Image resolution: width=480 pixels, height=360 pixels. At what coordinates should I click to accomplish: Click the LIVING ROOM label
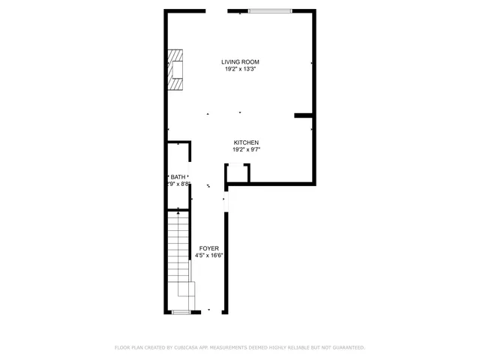pyautogui.click(x=240, y=61)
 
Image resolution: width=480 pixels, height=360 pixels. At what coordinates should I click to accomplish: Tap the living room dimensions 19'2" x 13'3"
pyautogui.click(x=240, y=69)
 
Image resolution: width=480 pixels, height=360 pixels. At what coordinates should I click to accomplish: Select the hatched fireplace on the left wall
pyautogui.click(x=176, y=70)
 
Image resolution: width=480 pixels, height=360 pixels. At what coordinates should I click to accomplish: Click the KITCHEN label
pyautogui.click(x=246, y=142)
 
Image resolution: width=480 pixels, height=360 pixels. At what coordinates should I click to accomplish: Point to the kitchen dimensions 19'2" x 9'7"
pyautogui.click(x=246, y=150)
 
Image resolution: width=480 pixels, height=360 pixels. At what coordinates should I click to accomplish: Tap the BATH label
pyautogui.click(x=178, y=176)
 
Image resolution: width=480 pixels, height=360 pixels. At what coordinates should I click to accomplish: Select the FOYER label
pyautogui.click(x=209, y=248)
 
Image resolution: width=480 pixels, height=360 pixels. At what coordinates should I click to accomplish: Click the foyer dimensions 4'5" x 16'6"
pyautogui.click(x=209, y=256)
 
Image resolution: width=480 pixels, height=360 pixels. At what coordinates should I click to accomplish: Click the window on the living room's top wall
pyautogui.click(x=270, y=11)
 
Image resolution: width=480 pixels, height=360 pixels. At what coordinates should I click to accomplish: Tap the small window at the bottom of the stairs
pyautogui.click(x=181, y=311)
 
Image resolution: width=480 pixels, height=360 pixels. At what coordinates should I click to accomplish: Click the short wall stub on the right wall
pyautogui.click(x=304, y=115)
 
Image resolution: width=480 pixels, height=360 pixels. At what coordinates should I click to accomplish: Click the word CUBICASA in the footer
pyautogui.click(x=189, y=348)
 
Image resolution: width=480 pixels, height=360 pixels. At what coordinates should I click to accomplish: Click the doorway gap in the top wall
pyautogui.click(x=217, y=11)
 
